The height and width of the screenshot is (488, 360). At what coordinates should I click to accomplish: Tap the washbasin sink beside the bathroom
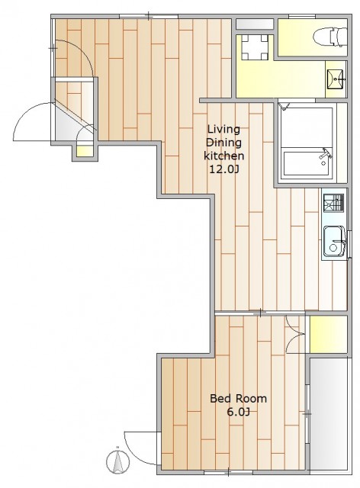(336, 79)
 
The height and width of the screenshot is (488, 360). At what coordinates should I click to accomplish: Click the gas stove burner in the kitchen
(333, 203)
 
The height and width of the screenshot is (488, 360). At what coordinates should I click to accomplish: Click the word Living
(224, 129)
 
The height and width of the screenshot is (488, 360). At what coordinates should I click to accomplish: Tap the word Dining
(224, 143)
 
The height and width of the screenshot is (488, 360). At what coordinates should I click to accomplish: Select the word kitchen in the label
(224, 156)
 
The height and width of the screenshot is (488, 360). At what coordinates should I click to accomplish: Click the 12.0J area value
(224, 169)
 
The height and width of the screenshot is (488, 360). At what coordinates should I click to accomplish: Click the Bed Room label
(238, 398)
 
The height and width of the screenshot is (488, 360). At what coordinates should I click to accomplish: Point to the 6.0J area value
(238, 412)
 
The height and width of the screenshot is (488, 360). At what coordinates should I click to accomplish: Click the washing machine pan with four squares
(255, 47)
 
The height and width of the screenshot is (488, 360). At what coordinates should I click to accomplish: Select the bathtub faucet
(326, 156)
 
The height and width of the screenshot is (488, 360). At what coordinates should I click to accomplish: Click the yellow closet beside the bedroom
(329, 335)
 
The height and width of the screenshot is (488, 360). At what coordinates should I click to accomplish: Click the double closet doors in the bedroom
(295, 335)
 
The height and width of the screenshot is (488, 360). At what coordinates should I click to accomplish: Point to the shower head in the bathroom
(284, 106)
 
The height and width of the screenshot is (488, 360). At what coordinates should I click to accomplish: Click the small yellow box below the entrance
(85, 151)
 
